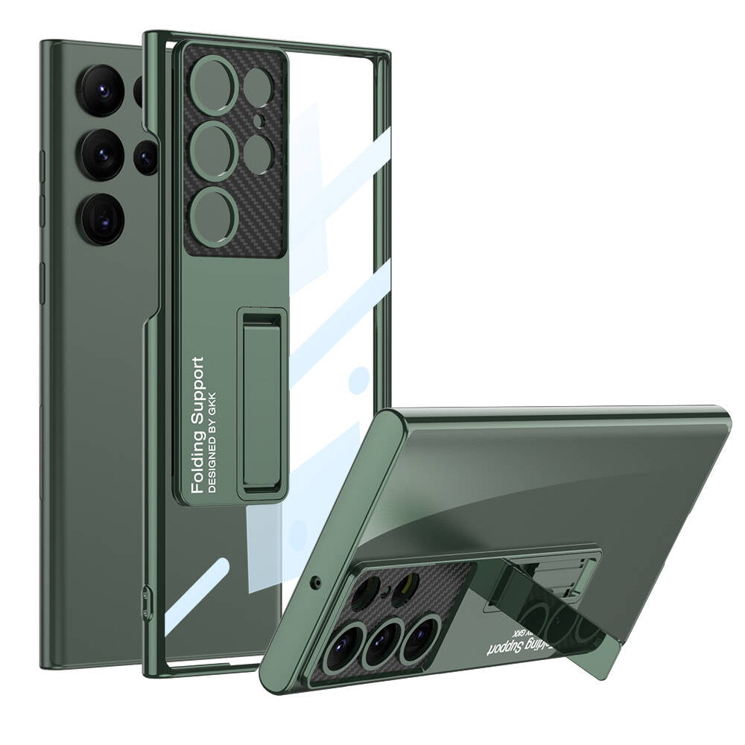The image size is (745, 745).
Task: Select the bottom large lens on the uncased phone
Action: (103, 218)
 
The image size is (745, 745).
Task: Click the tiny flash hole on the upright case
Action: (258, 120)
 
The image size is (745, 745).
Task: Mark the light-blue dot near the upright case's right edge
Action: (360, 379)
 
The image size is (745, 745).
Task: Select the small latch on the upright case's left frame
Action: (145, 596)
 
